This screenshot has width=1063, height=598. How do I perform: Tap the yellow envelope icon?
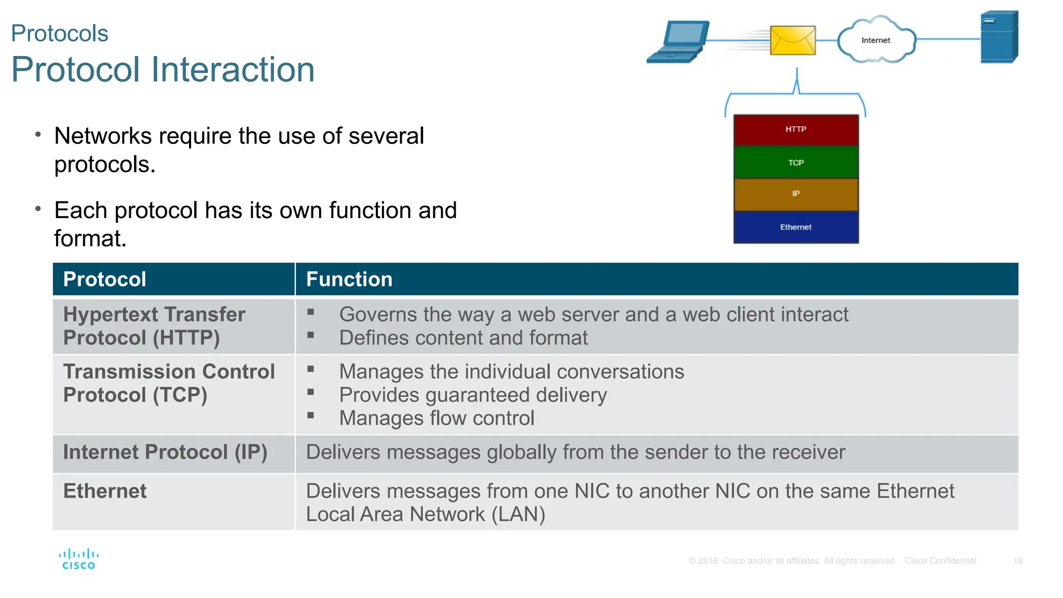pyautogui.click(x=793, y=40)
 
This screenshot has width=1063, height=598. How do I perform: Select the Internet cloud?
pyautogui.click(x=876, y=40)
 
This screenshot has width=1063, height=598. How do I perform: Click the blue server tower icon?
pyautogui.click(x=999, y=37)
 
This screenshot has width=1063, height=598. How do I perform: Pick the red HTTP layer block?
pyautogui.click(x=796, y=130)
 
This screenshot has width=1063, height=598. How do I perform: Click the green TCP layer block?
pyautogui.click(x=796, y=162)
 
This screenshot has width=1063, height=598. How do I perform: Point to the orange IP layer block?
pyautogui.click(x=796, y=194)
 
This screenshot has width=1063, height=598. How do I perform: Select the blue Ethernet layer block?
pyautogui.click(x=796, y=227)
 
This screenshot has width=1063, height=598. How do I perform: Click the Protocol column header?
pyautogui.click(x=105, y=279)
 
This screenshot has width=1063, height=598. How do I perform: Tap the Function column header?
pyautogui.click(x=349, y=279)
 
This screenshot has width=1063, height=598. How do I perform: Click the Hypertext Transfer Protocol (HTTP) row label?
pyautogui.click(x=154, y=326)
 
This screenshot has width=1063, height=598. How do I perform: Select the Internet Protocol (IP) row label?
pyautogui.click(x=165, y=452)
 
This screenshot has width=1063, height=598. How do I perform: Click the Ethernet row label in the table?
pyautogui.click(x=105, y=491)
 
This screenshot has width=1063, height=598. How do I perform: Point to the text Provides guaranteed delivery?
pyautogui.click(x=473, y=395)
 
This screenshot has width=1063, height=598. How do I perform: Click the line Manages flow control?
pyautogui.click(x=437, y=418)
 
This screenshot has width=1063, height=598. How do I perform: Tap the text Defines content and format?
pyautogui.click(x=464, y=338)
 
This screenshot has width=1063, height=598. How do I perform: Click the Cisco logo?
pyautogui.click(x=79, y=559)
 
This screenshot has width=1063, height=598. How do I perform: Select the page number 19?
pyautogui.click(x=1018, y=561)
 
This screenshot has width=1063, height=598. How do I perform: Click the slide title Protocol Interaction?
pyautogui.click(x=163, y=70)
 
